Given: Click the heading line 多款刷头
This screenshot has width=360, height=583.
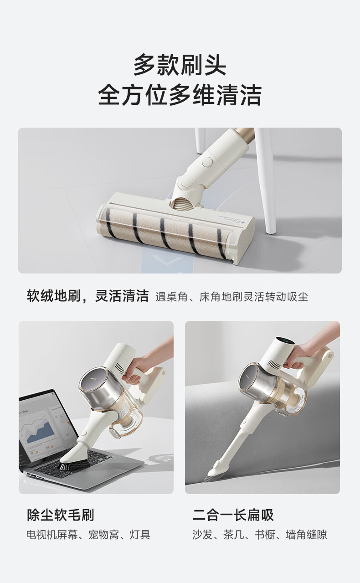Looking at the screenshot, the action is point(180,65).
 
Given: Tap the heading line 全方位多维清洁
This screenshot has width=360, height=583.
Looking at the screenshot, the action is point(180,94).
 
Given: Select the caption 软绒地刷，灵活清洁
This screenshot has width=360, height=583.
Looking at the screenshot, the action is point(88,296).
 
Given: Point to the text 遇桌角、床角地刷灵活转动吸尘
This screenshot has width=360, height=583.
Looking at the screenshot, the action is point(232,297).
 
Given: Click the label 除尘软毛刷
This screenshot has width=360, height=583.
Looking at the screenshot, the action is point(60,515).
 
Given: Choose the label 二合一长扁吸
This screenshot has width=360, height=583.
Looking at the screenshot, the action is point(233,515).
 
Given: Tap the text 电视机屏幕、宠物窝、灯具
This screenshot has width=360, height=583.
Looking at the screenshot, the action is point(88,535).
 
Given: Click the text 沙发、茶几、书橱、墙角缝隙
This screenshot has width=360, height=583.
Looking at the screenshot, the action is point(260,535).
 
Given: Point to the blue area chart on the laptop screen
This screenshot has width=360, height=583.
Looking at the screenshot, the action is point(41,432).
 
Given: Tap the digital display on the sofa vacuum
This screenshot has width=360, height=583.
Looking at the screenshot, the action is point(285,341).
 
